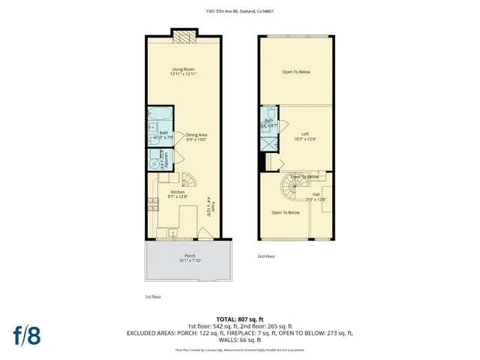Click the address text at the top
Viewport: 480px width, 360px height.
click(239, 11)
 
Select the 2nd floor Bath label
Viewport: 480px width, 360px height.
click(268, 122)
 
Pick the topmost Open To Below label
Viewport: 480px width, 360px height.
click(295, 72)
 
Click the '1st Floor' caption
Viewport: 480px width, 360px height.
click(154, 297)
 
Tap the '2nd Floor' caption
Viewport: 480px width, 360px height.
click(265, 256)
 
